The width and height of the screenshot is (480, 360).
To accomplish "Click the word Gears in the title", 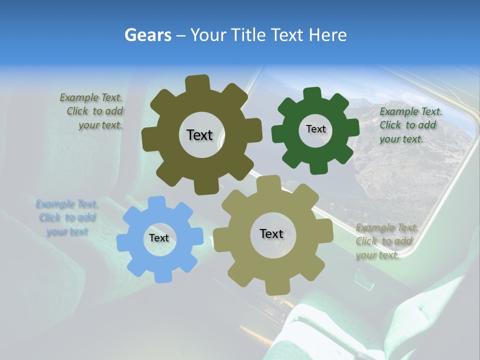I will tap(147, 35).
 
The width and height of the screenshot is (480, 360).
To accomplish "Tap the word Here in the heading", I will tap(327, 35).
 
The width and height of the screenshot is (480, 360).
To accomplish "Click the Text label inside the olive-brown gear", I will tap(199, 135).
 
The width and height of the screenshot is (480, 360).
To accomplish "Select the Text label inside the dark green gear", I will tap(315, 129).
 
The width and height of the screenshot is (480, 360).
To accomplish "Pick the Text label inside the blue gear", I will tap(159, 238).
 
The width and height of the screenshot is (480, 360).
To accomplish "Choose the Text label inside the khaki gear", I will tap(271, 233).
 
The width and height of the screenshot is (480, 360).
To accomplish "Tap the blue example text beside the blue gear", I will tap(66, 217).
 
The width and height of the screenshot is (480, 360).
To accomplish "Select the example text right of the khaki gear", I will tap(385, 241).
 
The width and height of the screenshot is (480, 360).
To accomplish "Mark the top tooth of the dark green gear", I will tap(312, 93).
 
